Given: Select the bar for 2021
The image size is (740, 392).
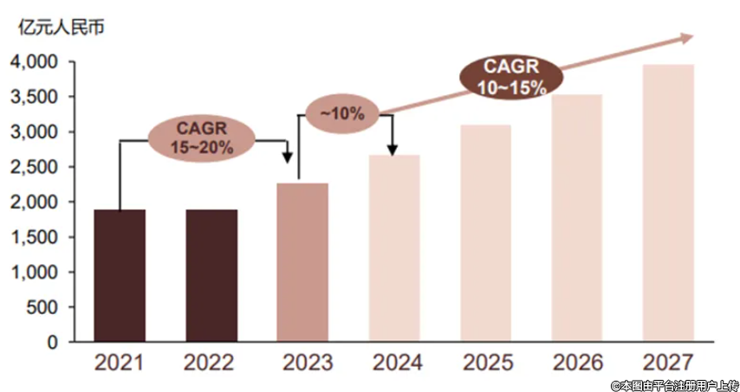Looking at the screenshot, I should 120,275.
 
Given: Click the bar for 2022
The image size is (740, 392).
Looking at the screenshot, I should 211,275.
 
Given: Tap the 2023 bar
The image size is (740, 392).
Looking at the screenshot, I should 302,262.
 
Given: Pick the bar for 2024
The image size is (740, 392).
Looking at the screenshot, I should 394,248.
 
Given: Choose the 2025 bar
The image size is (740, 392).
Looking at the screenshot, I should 485,233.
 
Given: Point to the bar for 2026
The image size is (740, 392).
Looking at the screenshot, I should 577,218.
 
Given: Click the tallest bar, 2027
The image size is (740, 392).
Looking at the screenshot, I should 668,202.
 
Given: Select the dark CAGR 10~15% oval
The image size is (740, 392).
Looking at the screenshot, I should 511,76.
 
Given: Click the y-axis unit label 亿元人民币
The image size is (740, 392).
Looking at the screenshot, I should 60,27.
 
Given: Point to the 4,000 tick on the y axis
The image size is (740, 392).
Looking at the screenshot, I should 34,62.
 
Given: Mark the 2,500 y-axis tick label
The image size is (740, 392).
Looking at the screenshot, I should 34,167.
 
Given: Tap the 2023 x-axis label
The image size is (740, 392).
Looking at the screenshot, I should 302,363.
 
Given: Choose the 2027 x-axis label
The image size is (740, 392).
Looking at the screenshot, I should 668,363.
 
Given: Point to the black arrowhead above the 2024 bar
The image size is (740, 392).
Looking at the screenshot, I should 393,150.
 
